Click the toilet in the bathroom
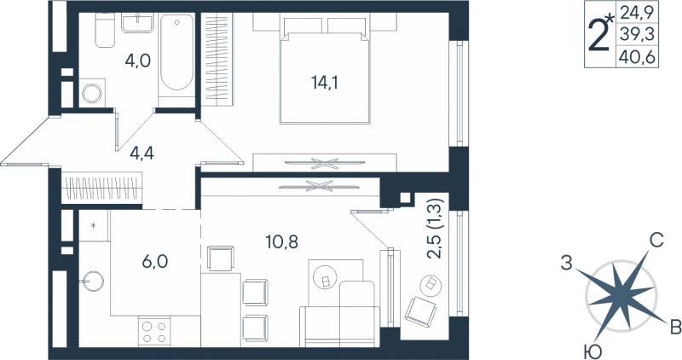[x=104, y=30]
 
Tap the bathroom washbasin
[x=137, y=23]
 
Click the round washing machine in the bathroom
[x=92, y=93]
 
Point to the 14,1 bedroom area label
[x=324, y=82]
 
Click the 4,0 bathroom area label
[x=138, y=61]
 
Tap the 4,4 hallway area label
[x=142, y=154]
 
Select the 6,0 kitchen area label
[x=155, y=262]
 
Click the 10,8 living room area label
[x=282, y=241]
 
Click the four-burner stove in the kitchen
[x=154, y=332]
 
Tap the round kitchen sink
[x=92, y=282]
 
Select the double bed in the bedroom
[x=325, y=71]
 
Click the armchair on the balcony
[x=420, y=310]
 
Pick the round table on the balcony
[x=431, y=285]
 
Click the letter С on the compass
[x=656, y=241]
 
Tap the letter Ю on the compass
[x=590, y=351]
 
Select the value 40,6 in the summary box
[x=638, y=57]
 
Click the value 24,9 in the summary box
[x=638, y=12]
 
